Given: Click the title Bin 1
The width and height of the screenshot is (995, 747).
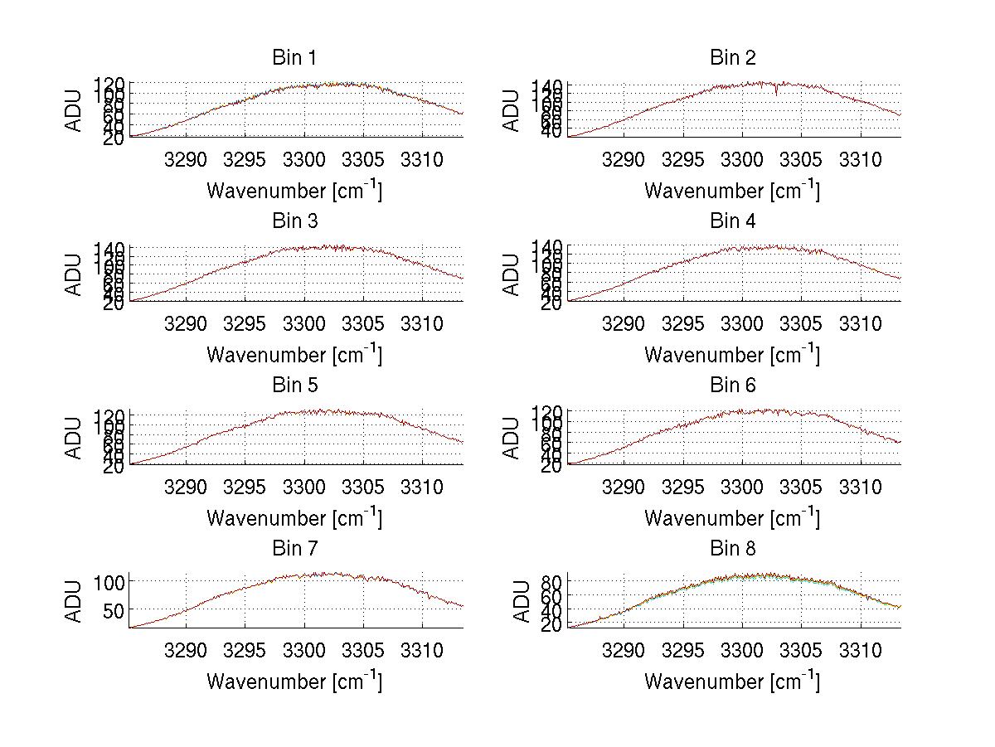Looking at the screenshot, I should pyautogui.click(x=294, y=58).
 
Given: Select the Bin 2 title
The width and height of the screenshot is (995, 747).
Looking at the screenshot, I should pyautogui.click(x=732, y=58).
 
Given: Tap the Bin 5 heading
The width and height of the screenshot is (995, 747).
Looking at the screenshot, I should pyautogui.click(x=294, y=386).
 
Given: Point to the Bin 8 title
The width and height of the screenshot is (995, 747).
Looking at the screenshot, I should pyautogui.click(x=732, y=549).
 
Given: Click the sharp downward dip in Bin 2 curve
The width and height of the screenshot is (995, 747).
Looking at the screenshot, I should pyautogui.click(x=776, y=92).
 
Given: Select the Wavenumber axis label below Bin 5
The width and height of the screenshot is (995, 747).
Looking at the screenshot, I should pyautogui.click(x=294, y=518).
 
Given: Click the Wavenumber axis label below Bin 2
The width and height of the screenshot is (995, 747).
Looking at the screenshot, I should pyautogui.click(x=732, y=191).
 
